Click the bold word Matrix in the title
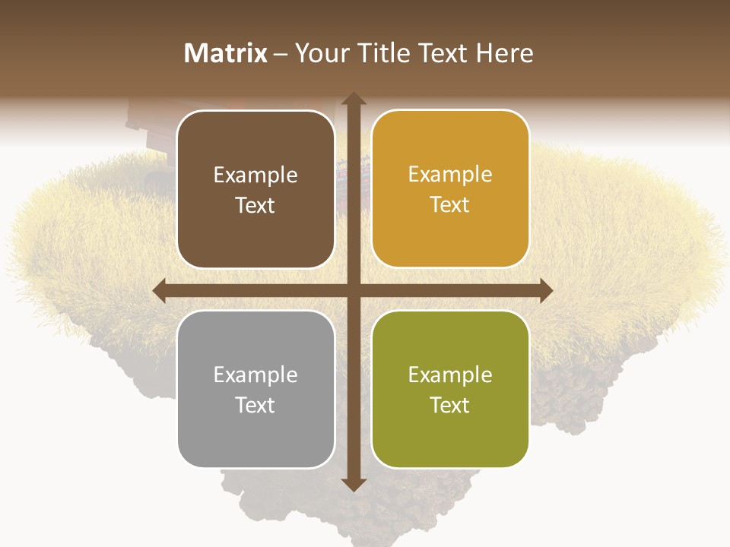pyautogui.click(x=226, y=53)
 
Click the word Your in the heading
pyautogui.click(x=320, y=53)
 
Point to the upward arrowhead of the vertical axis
pyautogui.click(x=353, y=100)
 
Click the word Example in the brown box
pyautogui.click(x=255, y=175)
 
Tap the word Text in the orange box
pyautogui.click(x=450, y=205)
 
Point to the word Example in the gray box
pyautogui.click(x=255, y=375)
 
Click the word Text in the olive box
pyautogui.click(x=450, y=405)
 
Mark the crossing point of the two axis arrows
pyautogui.click(x=353, y=290)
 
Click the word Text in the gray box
pyautogui.click(x=255, y=405)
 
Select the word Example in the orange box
pyautogui.click(x=450, y=175)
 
